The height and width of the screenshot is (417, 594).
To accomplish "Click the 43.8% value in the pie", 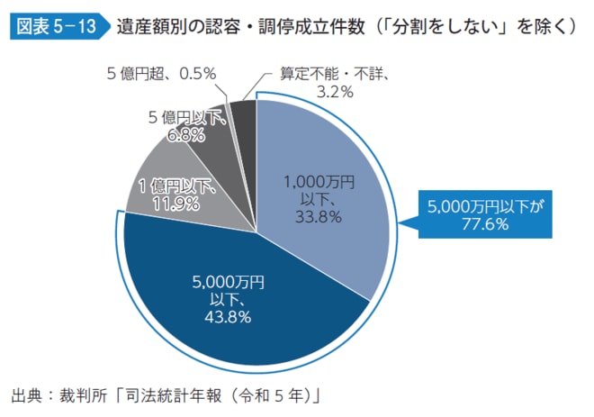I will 227,316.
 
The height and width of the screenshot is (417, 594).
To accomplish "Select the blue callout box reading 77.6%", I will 486,214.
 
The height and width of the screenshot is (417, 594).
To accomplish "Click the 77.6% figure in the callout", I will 486,224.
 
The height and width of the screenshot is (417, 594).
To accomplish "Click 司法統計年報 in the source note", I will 173,395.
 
